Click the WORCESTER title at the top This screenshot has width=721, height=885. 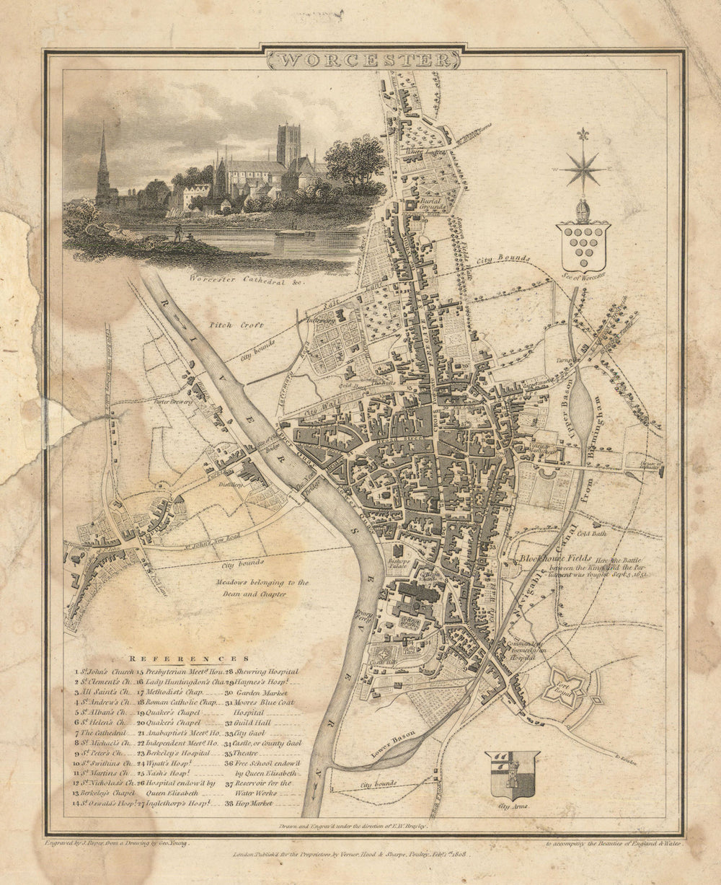click(x=363, y=59)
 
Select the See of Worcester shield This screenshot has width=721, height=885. click(x=583, y=246)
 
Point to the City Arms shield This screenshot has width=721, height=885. click(x=512, y=775)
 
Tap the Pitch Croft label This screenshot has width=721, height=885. click(x=228, y=325)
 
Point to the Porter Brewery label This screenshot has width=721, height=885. click(x=177, y=402)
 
